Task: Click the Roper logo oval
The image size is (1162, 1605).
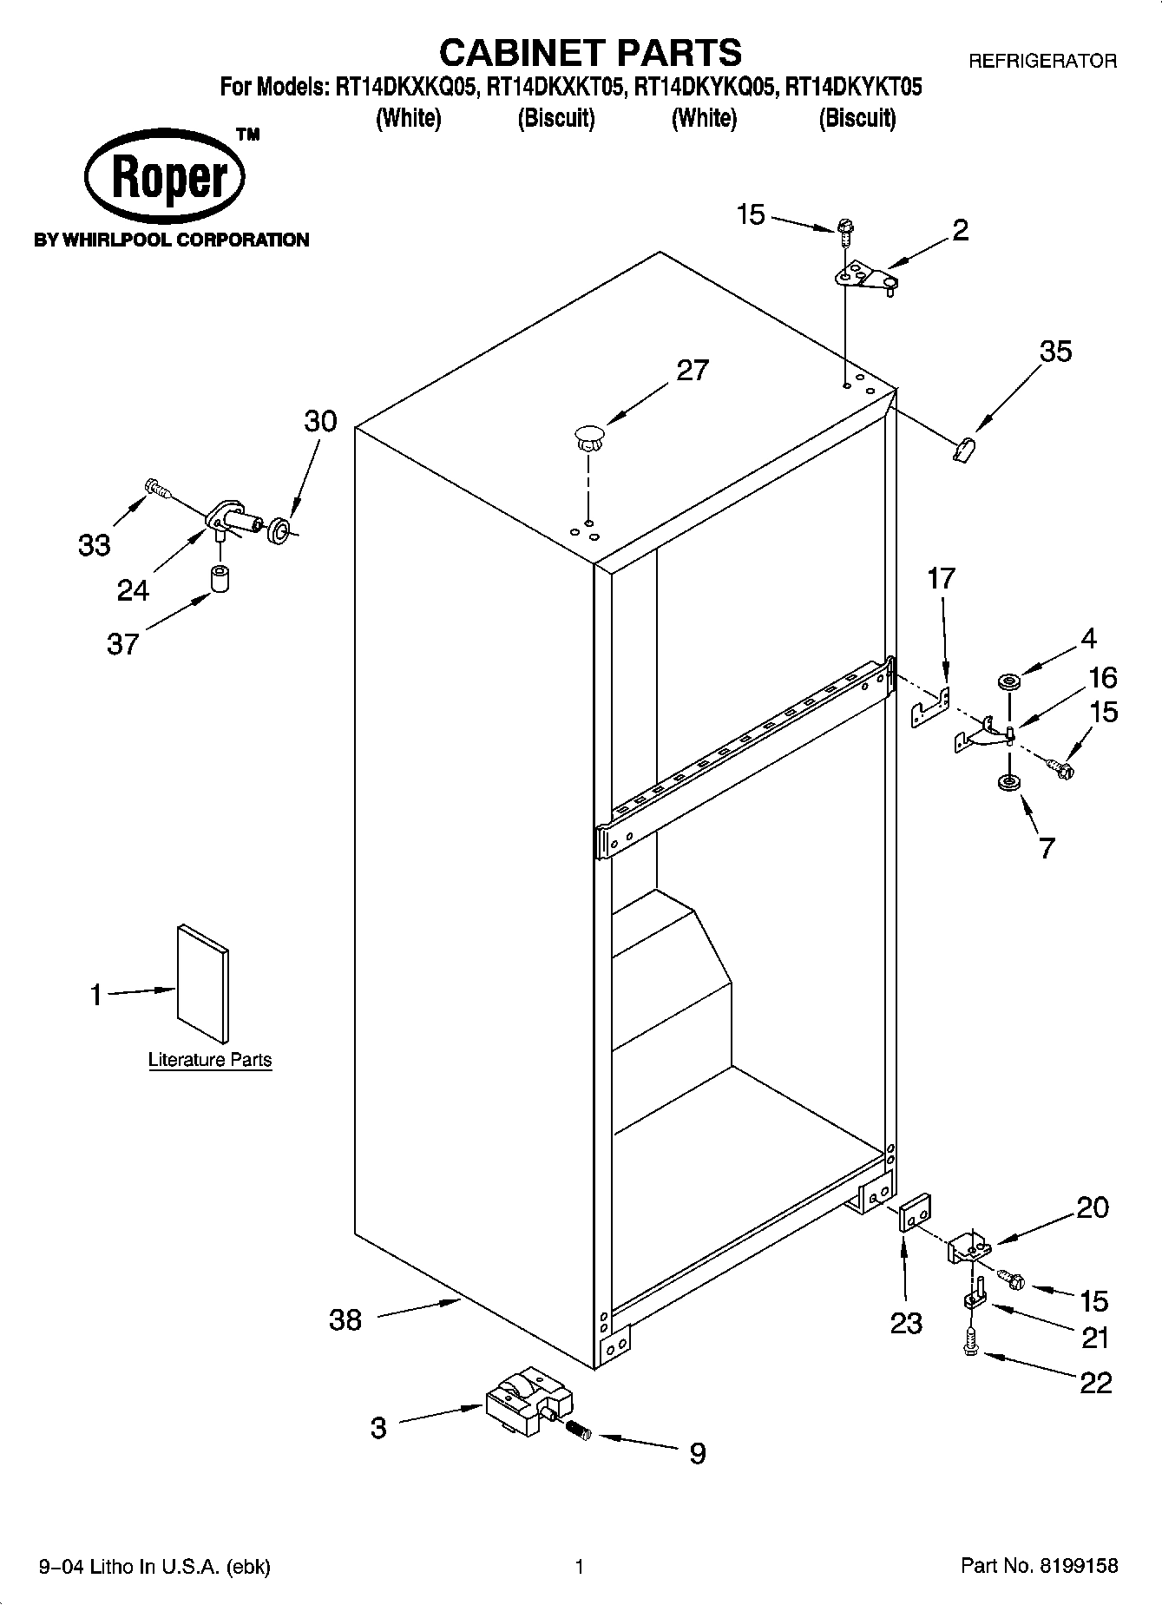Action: [165, 178]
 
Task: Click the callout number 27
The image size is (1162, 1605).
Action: [693, 371]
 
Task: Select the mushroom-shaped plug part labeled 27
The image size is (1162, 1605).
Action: [589, 437]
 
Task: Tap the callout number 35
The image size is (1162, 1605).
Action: [1055, 352]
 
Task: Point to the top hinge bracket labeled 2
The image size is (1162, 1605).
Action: [864, 279]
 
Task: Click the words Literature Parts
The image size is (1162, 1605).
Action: [210, 1060]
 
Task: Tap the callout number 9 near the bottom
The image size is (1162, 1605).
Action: [697, 1453]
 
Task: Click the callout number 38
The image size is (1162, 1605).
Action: [345, 1320]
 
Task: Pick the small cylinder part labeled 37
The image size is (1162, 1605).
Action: [221, 578]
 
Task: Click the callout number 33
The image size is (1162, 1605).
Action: [95, 546]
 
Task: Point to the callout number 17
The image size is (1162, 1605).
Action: [941, 578]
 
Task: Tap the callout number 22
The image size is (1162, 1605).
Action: [1095, 1382]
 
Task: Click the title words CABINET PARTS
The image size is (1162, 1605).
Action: [590, 52]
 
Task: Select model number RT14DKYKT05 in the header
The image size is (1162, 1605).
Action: [853, 88]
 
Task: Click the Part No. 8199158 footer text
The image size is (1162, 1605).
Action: [1039, 1566]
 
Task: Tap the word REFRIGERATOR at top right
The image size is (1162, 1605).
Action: [1041, 61]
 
